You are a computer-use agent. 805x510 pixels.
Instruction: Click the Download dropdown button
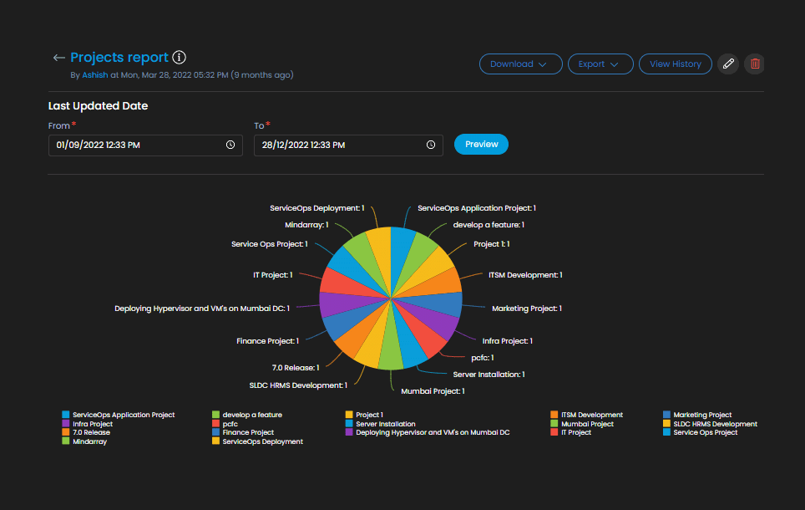point(520,64)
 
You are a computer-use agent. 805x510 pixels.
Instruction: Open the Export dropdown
point(600,64)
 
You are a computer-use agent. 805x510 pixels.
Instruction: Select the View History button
point(675,64)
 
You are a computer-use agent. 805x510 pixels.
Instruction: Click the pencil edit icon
point(728,64)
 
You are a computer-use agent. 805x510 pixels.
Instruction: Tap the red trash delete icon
point(755,64)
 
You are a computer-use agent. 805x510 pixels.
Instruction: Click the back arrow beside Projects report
point(58,58)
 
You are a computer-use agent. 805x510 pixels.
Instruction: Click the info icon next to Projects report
point(179,58)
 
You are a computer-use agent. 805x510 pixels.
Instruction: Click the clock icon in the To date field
point(431,145)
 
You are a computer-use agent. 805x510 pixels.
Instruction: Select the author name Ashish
point(94,75)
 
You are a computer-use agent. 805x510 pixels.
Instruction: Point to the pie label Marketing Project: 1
point(526,309)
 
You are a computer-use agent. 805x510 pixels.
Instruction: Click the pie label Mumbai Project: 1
point(433,391)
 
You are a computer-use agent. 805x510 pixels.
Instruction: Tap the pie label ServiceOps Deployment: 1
point(317,208)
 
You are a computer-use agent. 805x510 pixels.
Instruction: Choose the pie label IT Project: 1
point(272,275)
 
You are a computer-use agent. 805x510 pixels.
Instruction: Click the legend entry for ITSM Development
point(591,415)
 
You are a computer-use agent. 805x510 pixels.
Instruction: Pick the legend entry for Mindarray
point(89,441)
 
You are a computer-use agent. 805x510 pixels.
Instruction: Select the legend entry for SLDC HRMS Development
point(715,424)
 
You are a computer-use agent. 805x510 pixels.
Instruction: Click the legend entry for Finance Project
point(247,432)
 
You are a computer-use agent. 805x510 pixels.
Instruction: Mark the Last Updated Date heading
point(99,106)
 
